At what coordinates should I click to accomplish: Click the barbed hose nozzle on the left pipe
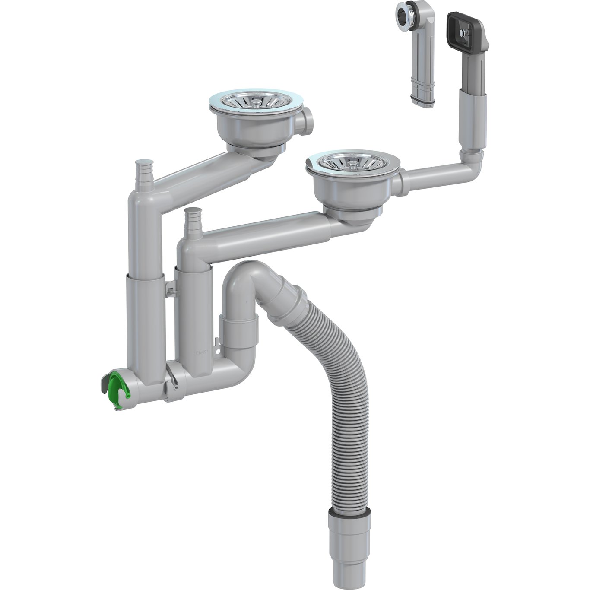pos(144,171)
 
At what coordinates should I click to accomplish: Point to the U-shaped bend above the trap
pos(242,276)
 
